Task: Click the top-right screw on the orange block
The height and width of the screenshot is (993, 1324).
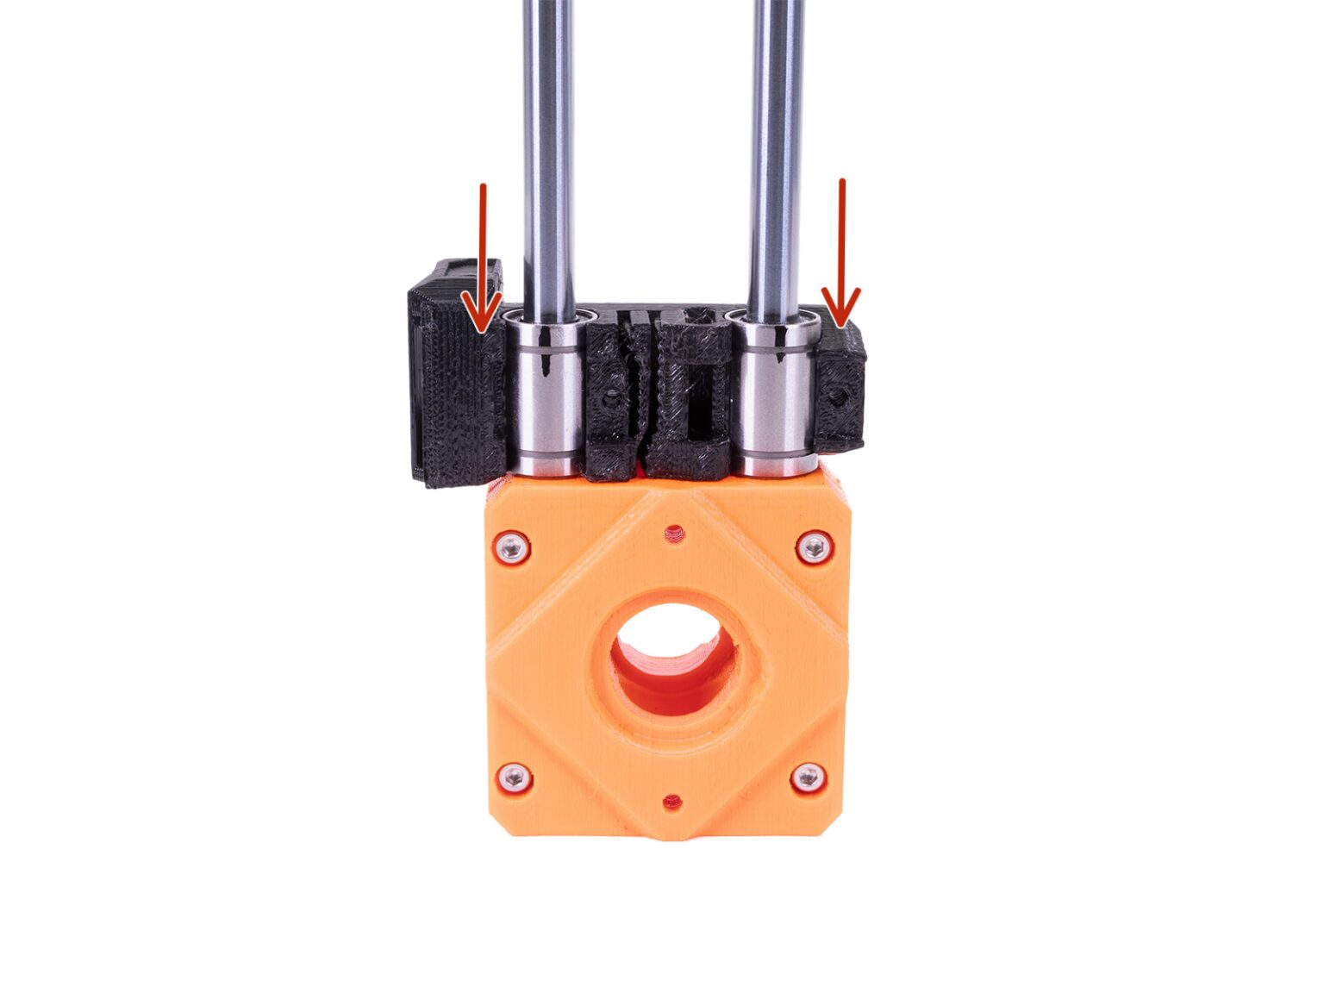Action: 814,546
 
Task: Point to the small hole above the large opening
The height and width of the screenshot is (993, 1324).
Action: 674,535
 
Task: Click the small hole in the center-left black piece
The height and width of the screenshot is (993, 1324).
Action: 611,402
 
